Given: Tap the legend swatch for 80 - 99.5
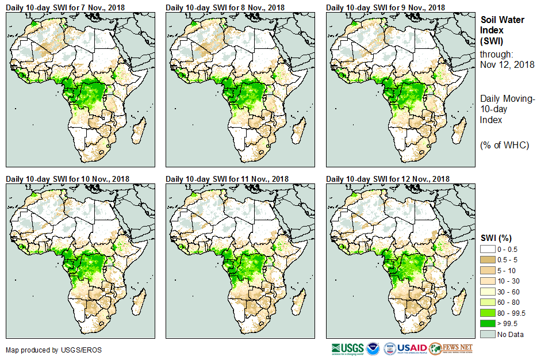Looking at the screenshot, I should click(488, 313).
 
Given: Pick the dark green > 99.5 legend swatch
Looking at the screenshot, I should click(488, 323).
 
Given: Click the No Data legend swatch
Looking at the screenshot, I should click(488, 334).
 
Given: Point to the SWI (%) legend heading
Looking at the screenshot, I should click(496, 238).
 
